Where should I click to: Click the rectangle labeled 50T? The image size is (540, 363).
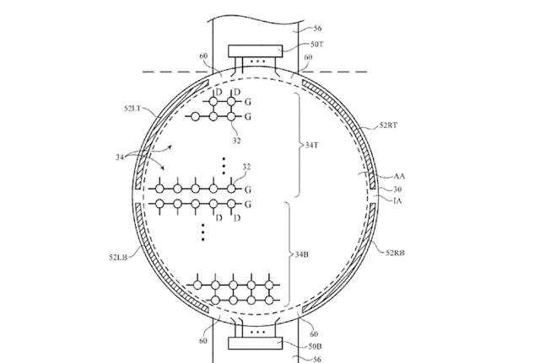click(255, 51)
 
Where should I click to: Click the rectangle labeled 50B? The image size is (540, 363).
click(255, 343)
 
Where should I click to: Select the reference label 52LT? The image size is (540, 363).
click(132, 109)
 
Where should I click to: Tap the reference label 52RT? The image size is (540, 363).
click(388, 125)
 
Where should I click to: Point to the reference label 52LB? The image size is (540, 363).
click(118, 257)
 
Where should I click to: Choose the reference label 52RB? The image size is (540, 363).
click(395, 253)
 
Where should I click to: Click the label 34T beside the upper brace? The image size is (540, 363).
click(311, 145)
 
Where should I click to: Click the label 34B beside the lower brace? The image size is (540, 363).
click(302, 254)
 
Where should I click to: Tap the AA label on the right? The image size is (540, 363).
click(399, 177)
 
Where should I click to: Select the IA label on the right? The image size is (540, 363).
click(397, 200)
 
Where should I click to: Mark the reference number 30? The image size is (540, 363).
click(397, 189)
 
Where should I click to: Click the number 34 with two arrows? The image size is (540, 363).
click(120, 157)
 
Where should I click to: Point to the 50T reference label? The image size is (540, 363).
click(317, 45)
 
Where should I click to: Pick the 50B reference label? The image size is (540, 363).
click(315, 346)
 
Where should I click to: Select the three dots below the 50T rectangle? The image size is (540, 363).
click(258, 61)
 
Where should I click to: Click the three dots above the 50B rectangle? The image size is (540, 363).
click(258, 333)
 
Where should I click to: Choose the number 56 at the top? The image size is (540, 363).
click(317, 28)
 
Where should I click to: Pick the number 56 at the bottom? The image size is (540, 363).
click(317, 360)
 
